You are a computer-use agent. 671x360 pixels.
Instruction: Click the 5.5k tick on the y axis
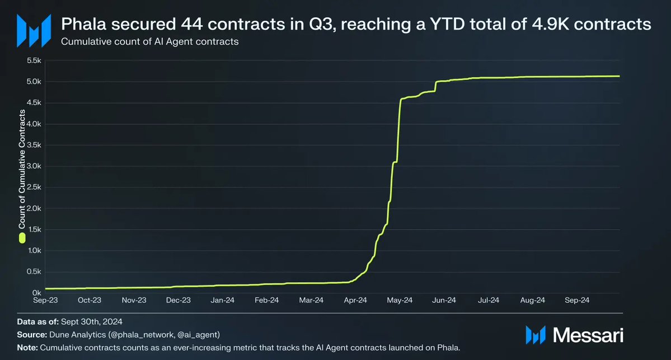(x=34, y=60)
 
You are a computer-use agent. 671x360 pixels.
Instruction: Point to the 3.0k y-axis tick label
(x=34, y=166)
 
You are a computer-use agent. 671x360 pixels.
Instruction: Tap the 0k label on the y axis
(x=37, y=293)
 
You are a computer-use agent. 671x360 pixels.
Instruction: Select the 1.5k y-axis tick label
(x=34, y=230)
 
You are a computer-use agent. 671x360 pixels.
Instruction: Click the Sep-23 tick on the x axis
(x=45, y=301)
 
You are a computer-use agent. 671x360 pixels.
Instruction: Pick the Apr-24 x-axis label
(x=355, y=301)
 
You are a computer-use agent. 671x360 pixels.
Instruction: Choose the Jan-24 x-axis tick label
(x=222, y=301)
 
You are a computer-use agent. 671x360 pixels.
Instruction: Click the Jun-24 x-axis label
(x=444, y=301)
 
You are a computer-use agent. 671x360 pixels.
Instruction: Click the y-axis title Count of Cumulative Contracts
(x=22, y=168)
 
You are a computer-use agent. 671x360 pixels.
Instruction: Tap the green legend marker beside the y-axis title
(x=22, y=239)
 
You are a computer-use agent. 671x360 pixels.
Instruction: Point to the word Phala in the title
(x=82, y=24)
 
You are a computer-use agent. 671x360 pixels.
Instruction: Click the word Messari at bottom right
(x=588, y=335)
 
